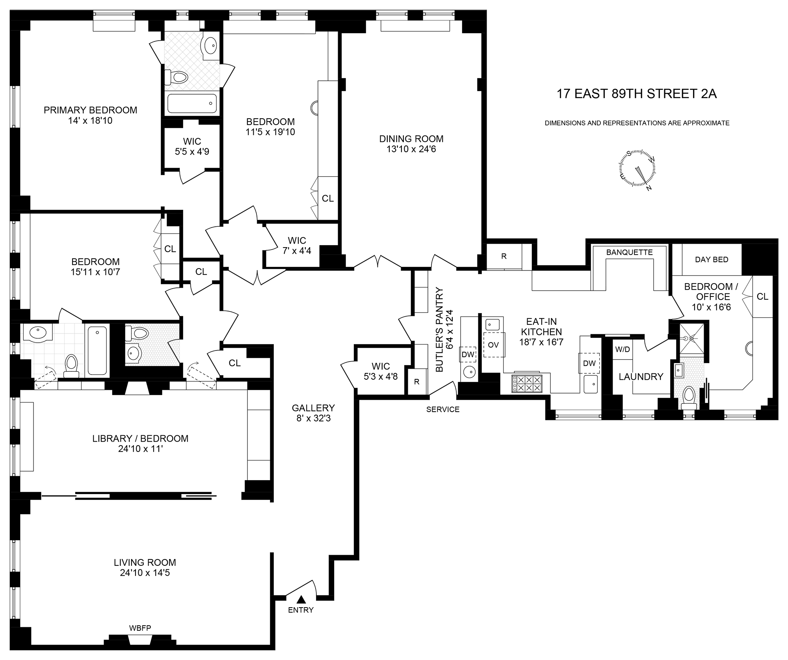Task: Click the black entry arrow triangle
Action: (301, 600)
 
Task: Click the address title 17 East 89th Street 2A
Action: (636, 94)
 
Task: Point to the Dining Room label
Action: (411, 139)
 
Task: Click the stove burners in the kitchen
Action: (527, 384)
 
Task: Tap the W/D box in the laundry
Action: (622, 349)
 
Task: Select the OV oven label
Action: (493, 345)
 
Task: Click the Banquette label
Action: (629, 252)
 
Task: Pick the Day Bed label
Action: (712, 259)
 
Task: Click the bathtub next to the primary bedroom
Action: (192, 104)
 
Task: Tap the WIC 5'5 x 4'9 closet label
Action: (192, 146)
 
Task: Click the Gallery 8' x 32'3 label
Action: (313, 413)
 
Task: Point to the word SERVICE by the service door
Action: (443, 409)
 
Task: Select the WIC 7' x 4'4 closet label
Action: (297, 245)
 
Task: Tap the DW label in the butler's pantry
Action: (468, 354)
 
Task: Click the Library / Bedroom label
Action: (140, 438)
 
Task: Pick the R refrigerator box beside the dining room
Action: (504, 256)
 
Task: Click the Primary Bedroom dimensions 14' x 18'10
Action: (90, 121)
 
